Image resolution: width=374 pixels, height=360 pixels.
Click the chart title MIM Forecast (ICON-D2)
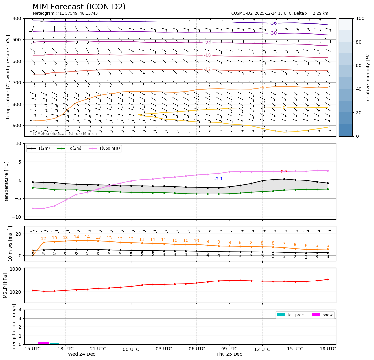click(79, 7)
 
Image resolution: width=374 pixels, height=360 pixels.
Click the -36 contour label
click(273, 23)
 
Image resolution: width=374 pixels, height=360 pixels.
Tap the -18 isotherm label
click(207, 55)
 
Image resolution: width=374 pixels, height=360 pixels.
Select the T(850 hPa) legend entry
click(109, 148)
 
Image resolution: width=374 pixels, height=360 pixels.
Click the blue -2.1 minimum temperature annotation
click(218, 179)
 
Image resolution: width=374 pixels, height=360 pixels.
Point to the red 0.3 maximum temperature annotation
click(284, 172)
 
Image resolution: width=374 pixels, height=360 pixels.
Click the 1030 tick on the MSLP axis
click(16, 269)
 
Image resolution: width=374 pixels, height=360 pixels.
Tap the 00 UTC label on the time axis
click(131, 349)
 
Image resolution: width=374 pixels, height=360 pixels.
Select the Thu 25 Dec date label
click(229, 354)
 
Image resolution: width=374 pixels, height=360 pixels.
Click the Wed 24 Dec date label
click(81, 354)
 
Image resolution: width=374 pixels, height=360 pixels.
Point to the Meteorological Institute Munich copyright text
click(65, 134)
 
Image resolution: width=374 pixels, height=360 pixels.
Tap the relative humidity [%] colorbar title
click(368, 77)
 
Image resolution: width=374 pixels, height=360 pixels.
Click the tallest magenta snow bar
click(43, 343)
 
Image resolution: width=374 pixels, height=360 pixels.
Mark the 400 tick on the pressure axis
click(17, 18)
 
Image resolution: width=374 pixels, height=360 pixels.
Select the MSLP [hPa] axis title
click(5, 285)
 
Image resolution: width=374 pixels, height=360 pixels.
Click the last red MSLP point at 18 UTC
click(328, 279)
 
